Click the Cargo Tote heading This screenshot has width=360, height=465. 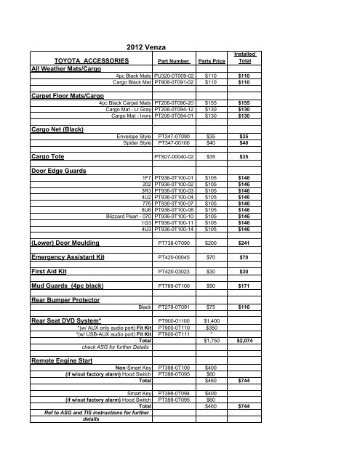47,156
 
